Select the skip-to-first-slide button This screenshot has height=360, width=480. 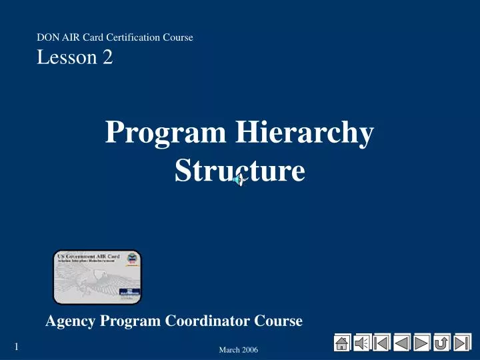click(x=382, y=343)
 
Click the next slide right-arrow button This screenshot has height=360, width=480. click(x=422, y=343)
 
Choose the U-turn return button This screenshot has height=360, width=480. click(x=441, y=343)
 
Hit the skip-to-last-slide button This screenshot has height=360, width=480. click(x=462, y=343)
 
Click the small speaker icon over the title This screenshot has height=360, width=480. click(x=239, y=179)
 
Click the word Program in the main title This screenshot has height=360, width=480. click(x=166, y=132)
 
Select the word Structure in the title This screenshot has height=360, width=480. click(x=239, y=170)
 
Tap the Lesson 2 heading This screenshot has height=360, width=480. click(x=75, y=58)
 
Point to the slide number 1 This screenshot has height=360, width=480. click(x=16, y=346)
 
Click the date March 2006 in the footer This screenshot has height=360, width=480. click(x=238, y=350)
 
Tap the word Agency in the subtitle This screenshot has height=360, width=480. click(x=71, y=321)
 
